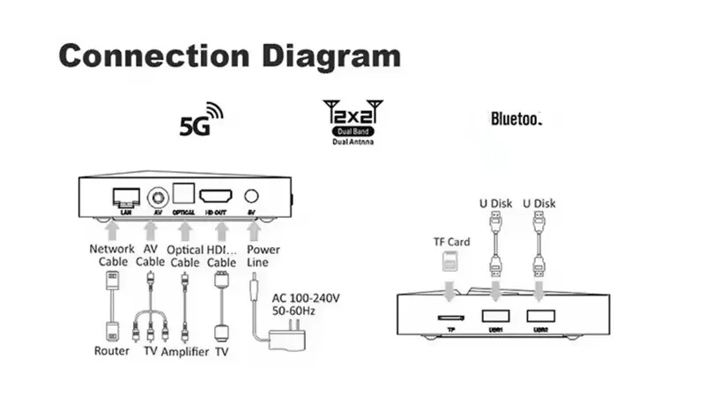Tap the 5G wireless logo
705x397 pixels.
tap(201, 121)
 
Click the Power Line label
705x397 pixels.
tap(263, 256)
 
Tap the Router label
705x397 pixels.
tap(112, 351)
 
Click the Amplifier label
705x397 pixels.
tap(184, 351)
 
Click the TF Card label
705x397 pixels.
tap(452, 242)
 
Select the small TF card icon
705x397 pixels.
tap(446, 260)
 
